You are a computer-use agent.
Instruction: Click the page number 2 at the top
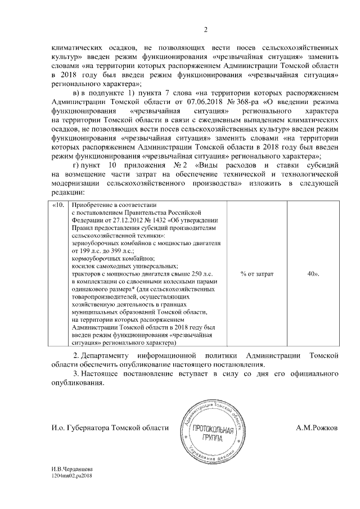205,30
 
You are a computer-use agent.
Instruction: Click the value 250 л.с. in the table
190,273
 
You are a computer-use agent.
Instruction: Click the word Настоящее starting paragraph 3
105,375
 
